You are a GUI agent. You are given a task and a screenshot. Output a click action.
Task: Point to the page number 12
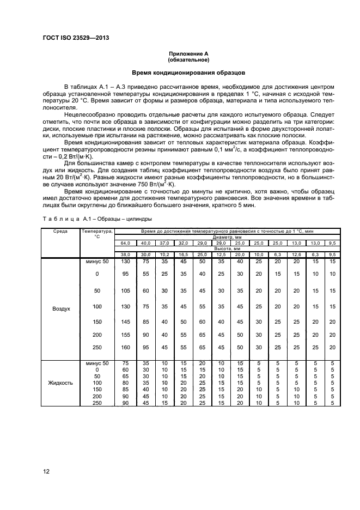click(46, 472)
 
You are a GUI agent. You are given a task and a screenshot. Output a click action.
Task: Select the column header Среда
click(60, 231)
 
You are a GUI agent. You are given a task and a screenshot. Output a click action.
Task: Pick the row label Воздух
click(60, 308)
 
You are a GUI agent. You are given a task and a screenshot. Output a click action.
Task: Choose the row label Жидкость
click(60, 383)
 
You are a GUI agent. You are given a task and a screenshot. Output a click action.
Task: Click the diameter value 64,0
click(125, 242)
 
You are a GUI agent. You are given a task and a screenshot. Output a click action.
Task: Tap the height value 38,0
click(125, 254)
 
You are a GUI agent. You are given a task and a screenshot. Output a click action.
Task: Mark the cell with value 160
click(125, 348)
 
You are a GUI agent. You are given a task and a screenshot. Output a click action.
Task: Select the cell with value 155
click(125, 334)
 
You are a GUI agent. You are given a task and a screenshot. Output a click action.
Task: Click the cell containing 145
click(125, 321)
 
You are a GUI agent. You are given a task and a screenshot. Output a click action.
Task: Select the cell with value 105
click(125, 291)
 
